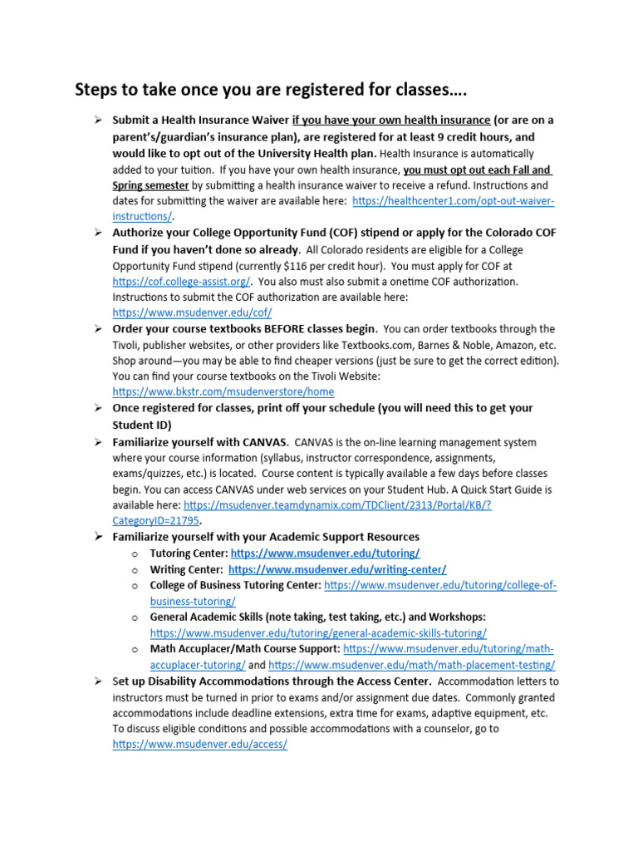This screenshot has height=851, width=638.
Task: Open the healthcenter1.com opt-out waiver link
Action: (453, 201)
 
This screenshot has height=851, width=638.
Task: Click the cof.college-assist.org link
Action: (181, 281)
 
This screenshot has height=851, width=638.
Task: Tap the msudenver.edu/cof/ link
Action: (192, 312)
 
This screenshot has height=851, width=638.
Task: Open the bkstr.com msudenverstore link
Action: (223, 391)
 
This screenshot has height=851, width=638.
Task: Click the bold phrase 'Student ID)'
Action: (142, 424)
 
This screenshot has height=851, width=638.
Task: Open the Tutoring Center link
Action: (325, 553)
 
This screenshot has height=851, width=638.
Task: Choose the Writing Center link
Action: (337, 569)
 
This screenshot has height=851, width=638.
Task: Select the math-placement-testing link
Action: (412, 665)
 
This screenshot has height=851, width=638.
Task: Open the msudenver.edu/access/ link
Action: (199, 745)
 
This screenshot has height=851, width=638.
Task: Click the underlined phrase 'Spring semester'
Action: (150, 185)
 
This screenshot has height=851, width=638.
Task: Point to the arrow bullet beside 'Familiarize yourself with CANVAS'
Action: (96, 441)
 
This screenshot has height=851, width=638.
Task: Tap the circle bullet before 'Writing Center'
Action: (135, 569)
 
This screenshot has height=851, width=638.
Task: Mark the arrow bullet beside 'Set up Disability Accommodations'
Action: (96, 681)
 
